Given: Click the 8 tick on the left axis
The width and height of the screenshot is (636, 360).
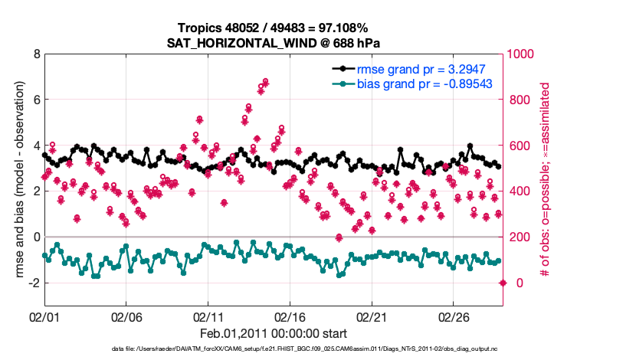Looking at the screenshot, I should point(35,54).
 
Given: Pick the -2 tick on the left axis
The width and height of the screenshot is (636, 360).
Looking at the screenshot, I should point(33,283).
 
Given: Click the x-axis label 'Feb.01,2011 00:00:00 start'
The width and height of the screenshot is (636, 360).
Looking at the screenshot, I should point(274,334).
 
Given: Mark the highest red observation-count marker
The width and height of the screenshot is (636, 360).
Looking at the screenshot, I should point(265,81).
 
